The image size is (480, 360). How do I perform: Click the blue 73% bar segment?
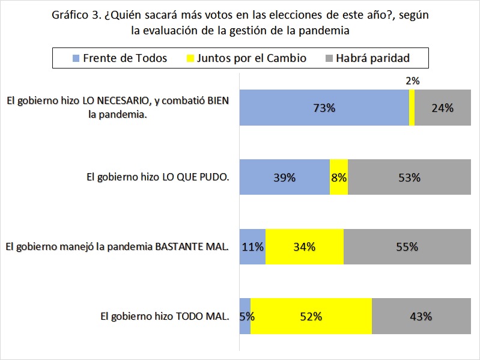point(324,108)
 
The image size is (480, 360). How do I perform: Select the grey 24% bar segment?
point(442,108)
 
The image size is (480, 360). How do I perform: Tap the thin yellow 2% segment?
point(412,108)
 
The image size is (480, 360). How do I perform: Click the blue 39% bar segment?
point(285,177)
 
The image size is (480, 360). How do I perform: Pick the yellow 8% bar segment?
point(339,177)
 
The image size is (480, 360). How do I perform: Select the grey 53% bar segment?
point(409,177)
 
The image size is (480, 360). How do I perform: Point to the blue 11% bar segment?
point(252,246)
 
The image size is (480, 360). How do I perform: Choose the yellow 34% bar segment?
point(305,246)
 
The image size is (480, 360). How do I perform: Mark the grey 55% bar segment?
point(407,246)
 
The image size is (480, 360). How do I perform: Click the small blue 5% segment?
point(245,316)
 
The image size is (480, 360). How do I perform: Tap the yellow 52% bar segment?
point(311,316)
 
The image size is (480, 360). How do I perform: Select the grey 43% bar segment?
point(421,316)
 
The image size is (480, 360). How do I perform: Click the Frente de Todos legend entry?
point(119,58)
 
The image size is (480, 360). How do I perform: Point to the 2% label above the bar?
point(412,80)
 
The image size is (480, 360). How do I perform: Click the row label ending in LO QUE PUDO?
point(158,177)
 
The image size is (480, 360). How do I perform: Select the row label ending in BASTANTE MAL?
point(117,246)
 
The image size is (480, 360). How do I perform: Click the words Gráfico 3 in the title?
point(76,15)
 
